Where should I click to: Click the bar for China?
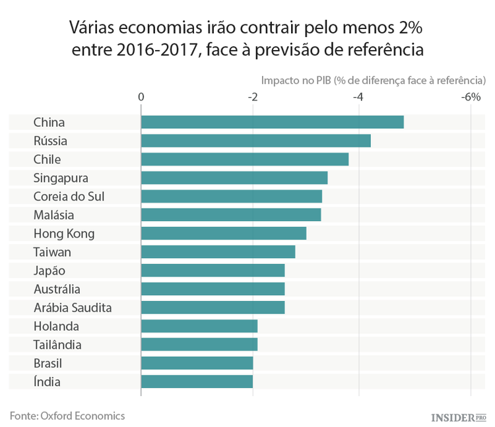click(272, 122)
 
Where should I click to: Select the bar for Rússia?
click(255, 141)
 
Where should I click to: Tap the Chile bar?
click(244, 159)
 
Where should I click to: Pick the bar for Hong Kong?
click(223, 234)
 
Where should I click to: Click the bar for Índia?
click(197, 381)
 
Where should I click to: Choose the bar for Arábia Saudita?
click(213, 308)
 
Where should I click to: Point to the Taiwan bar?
click(218, 252)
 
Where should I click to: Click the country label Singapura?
click(61, 178)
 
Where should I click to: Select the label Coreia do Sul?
click(69, 197)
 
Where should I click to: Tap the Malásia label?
click(53, 215)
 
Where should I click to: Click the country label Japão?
click(49, 271)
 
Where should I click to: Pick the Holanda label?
click(56, 326)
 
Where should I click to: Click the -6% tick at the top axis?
click(470, 97)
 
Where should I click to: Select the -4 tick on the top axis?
click(358, 97)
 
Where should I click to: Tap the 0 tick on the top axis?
click(141, 97)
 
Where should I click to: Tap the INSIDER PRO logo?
click(458, 417)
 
